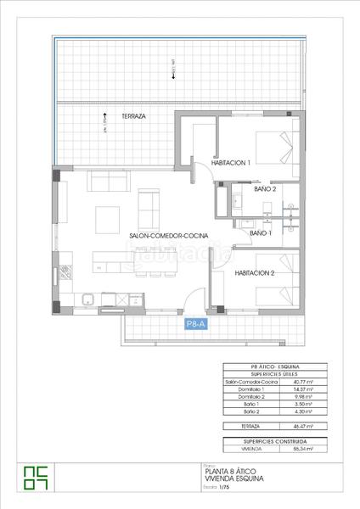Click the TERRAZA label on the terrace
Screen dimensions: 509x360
click(133, 116)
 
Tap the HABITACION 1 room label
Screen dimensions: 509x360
click(231, 164)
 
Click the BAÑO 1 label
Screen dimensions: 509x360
click(260, 232)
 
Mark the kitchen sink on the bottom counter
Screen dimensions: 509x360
click(87, 299)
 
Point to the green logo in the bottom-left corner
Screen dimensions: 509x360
click(37, 478)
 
